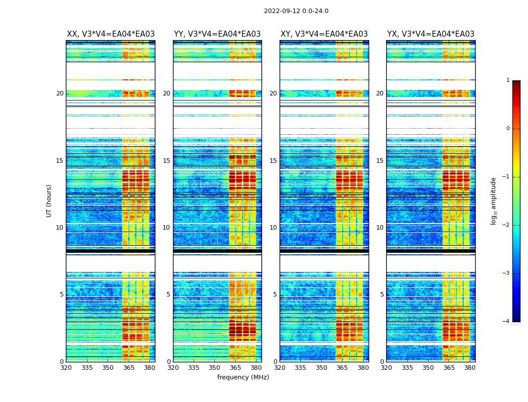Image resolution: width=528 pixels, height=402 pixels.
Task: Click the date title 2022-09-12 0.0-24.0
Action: pyautogui.click(x=296, y=11)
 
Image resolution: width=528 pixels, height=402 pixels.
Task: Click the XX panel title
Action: pyautogui.click(x=111, y=34)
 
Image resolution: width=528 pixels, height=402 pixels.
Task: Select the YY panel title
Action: pyautogui.click(x=217, y=34)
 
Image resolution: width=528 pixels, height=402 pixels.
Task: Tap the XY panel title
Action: pyautogui.click(x=324, y=34)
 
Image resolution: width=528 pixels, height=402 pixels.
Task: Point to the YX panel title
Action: pyautogui.click(x=430, y=34)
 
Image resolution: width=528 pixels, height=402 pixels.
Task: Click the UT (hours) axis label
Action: pyautogui.click(x=49, y=200)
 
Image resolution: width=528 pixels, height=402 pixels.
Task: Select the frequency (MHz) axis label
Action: pyautogui.click(x=243, y=377)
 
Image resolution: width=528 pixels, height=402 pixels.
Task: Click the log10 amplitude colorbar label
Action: pyautogui.click(x=494, y=200)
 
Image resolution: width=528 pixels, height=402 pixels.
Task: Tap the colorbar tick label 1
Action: pyautogui.click(x=508, y=80)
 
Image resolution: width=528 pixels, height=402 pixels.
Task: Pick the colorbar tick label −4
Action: pyautogui.click(x=506, y=322)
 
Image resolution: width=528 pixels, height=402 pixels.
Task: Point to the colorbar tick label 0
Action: pyautogui.click(x=508, y=129)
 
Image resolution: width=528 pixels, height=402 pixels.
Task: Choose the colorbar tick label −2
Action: pyautogui.click(x=506, y=225)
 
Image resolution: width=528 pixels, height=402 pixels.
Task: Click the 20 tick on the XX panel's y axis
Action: pyautogui.click(x=60, y=93)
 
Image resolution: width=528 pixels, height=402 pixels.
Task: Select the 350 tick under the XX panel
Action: pyautogui.click(x=108, y=367)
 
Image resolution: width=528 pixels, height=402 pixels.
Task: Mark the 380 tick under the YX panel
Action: pyautogui.click(x=470, y=367)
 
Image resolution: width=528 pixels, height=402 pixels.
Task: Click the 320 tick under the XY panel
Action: pyautogui.click(x=280, y=367)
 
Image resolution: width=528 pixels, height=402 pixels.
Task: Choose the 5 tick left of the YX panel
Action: pyautogui.click(x=382, y=294)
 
